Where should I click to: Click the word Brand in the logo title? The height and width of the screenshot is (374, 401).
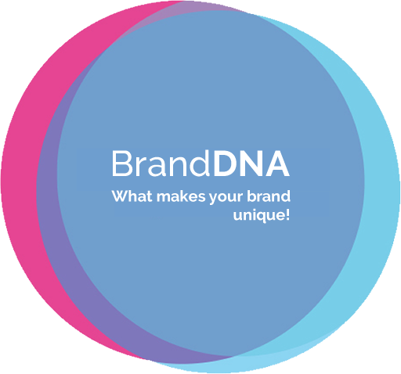161,164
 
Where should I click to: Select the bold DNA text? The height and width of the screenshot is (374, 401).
251,164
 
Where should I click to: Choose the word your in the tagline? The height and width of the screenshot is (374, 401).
226,197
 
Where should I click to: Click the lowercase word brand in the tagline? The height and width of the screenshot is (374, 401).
269,196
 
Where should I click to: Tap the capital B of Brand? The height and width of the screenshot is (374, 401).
122,164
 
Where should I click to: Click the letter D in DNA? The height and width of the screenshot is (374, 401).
226,164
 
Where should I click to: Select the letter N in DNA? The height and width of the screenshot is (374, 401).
252,164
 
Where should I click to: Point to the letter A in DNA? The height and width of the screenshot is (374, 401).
277,164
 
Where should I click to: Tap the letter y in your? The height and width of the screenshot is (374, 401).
214,200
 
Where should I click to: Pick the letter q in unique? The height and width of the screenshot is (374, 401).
261,218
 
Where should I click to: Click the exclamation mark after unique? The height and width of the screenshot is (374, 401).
287,215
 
